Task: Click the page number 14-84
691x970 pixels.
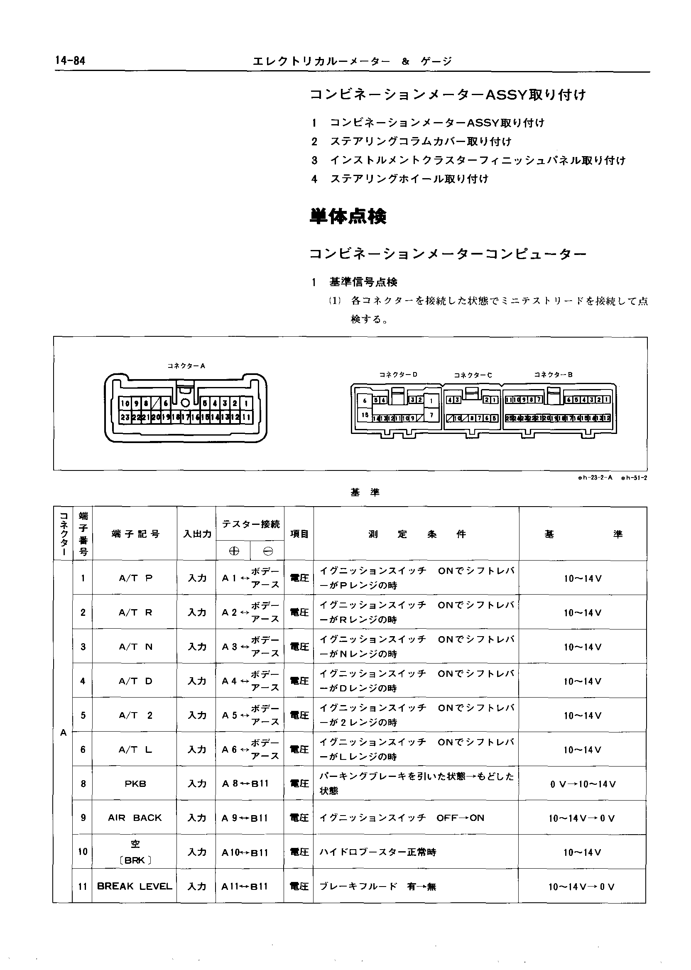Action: tap(70, 61)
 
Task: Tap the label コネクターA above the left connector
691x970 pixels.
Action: tap(186, 365)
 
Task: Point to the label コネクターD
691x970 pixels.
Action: tap(398, 375)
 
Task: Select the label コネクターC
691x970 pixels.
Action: tap(473, 375)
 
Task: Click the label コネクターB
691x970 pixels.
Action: tap(553, 375)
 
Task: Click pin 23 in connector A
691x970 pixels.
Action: tap(125, 417)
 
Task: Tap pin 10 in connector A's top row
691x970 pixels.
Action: tap(125, 403)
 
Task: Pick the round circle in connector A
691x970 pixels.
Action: tap(186, 403)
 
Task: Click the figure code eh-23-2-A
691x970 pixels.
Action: tap(595, 478)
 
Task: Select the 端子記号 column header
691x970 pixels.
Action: tap(135, 534)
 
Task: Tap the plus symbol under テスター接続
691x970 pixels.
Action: tap(234, 551)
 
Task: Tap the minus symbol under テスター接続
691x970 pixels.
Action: tap(267, 551)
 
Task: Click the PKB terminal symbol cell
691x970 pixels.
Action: tap(135, 783)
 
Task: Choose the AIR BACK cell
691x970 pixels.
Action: tap(135, 817)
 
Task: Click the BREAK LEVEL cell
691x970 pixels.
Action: tap(135, 886)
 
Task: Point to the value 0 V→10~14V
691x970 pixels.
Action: tap(583, 784)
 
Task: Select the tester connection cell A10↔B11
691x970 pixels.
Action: tap(245, 852)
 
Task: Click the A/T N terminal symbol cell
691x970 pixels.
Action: tap(135, 647)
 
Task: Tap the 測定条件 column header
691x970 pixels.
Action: tap(417, 534)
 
